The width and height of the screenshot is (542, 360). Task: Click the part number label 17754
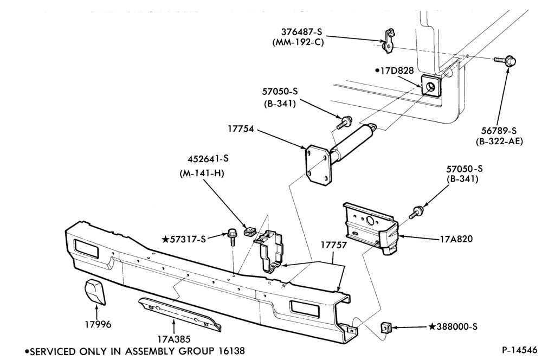tap(241, 129)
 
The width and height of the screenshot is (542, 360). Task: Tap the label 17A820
tap(456, 239)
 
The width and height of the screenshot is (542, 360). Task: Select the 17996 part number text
tap(98, 324)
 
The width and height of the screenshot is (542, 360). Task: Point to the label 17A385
tap(174, 339)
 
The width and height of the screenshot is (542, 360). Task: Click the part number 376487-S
tap(301, 32)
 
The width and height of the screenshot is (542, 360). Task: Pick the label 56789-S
tap(499, 131)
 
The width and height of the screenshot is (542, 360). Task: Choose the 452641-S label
tap(208, 159)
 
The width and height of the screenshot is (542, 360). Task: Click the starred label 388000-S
tap(453, 326)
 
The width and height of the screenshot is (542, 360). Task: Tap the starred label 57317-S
tap(184, 239)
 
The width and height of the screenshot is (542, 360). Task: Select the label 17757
tap(333, 245)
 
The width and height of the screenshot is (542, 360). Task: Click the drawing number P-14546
tap(520, 350)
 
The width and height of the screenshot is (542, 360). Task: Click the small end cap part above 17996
tap(95, 292)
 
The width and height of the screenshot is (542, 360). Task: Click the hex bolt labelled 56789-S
tap(505, 61)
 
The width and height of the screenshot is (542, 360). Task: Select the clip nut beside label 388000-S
tap(386, 327)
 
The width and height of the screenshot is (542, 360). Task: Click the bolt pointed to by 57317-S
tap(232, 236)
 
